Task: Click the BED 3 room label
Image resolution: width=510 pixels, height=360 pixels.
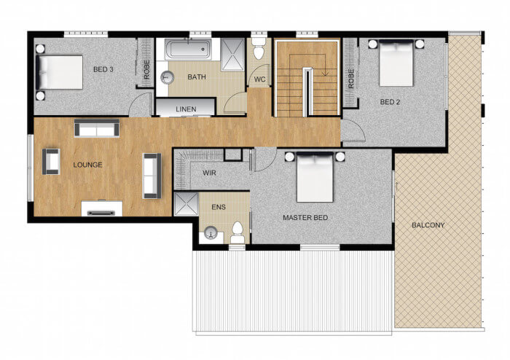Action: [x=103, y=69]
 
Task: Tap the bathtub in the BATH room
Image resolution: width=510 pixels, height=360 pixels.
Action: [x=188, y=49]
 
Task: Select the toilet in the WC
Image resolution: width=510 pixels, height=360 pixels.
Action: [x=259, y=48]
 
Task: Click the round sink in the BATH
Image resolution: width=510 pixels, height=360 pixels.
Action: [x=168, y=78]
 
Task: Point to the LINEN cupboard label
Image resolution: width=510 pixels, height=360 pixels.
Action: [x=186, y=109]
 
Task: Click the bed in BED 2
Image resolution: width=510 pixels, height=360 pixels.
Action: [x=396, y=63]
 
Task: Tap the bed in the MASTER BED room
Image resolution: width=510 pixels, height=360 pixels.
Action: [x=315, y=177]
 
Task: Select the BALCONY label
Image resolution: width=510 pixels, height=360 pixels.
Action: [x=428, y=225]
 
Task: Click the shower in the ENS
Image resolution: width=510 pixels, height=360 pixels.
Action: [x=186, y=204]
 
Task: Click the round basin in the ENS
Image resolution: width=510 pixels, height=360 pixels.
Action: [x=211, y=233]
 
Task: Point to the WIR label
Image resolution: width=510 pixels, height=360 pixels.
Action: [x=209, y=173]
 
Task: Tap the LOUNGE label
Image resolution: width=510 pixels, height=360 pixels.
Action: [x=87, y=165]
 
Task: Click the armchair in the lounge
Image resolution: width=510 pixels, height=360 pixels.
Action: [x=51, y=162]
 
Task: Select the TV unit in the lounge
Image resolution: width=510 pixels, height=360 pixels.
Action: [x=102, y=208]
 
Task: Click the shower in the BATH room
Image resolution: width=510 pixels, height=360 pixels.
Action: [x=232, y=55]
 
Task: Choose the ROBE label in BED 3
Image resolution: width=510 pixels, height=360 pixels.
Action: [x=146, y=69]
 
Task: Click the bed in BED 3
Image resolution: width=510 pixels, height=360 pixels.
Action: [x=59, y=72]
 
